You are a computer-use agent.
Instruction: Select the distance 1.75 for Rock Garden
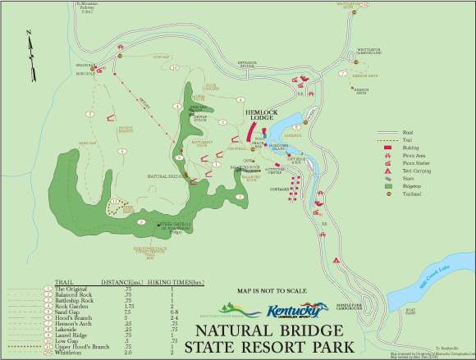[128, 306]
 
